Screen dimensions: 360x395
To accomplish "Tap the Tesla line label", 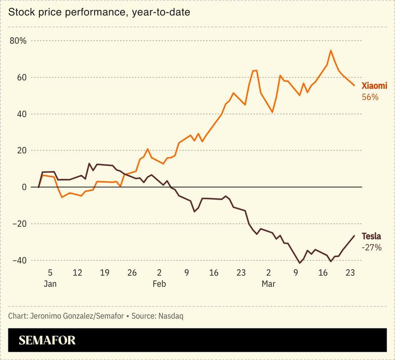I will pyautogui.click(x=371, y=236).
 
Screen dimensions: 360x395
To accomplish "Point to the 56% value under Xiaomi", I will pyautogui.click(x=370, y=97).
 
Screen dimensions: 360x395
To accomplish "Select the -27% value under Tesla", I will pyautogui.click(x=372, y=248).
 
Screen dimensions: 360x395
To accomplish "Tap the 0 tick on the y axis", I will pyautogui.click(x=23, y=187).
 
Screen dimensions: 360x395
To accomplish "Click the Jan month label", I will pyautogui.click(x=50, y=284).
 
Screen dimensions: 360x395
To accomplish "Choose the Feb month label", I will pyautogui.click(x=159, y=284).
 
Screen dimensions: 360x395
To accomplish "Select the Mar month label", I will pyautogui.click(x=269, y=284).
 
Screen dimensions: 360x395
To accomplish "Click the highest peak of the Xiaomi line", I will pyautogui.click(x=331, y=50).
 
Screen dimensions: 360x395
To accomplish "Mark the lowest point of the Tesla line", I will pyautogui.click(x=299, y=263).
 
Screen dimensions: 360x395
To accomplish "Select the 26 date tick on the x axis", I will pyautogui.click(x=132, y=272).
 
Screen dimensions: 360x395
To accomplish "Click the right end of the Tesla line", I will pyautogui.click(x=354, y=236).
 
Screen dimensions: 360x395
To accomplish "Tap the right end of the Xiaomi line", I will pyautogui.click(x=354, y=85).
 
